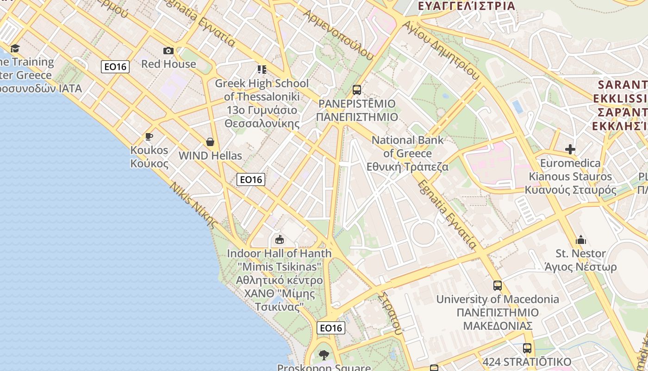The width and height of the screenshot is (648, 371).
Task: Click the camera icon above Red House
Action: pyautogui.click(x=168, y=51)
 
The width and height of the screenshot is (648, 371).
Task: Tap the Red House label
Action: pyautogui.click(x=168, y=64)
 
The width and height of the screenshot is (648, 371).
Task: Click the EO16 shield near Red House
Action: pyautogui.click(x=115, y=67)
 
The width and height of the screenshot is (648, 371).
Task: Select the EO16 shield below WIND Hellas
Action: pyautogui.click(x=250, y=179)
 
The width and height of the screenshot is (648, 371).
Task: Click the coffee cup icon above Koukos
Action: pyautogui.click(x=149, y=136)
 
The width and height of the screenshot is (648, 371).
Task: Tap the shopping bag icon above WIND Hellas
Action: pyautogui.click(x=210, y=141)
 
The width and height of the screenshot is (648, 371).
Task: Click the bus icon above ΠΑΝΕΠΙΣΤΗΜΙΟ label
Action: pyautogui.click(x=357, y=90)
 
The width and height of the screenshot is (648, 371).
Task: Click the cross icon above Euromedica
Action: pyautogui.click(x=570, y=149)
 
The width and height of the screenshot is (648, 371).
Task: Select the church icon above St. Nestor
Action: pyautogui.click(x=581, y=240)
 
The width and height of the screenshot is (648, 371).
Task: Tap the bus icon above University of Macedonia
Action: pyautogui.click(x=498, y=285)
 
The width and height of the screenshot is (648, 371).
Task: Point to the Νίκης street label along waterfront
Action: pyautogui.click(x=193, y=205)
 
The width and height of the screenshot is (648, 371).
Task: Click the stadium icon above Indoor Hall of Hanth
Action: pyautogui.click(x=279, y=240)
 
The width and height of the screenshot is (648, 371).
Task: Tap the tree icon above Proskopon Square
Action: pyautogui.click(x=324, y=355)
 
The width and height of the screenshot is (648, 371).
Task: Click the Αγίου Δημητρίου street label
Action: pyautogui.click(x=440, y=51)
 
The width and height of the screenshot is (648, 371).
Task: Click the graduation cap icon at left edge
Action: pyautogui.click(x=15, y=48)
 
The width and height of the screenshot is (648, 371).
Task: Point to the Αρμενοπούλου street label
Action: pyautogui.click(x=338, y=34)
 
